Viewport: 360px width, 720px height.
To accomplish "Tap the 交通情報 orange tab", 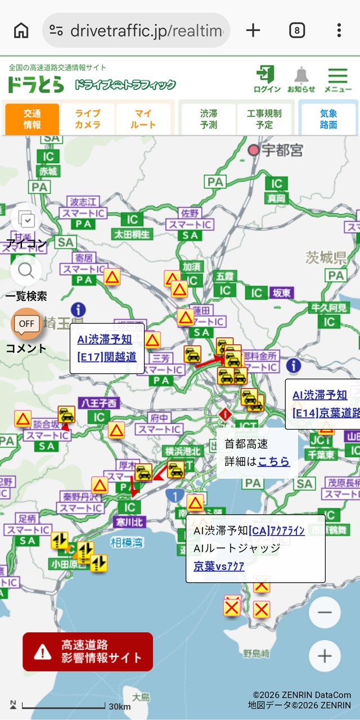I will point(32,119).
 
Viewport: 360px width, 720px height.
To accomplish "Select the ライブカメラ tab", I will point(88,119).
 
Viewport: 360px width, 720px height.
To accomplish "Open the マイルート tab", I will point(143,119).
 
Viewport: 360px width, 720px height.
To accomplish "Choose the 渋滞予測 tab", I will point(208,119).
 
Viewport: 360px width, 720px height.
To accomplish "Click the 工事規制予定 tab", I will point(264,119).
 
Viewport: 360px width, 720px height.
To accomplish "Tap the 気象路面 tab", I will point(328,119).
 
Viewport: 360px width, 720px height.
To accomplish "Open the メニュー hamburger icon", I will point(338,79).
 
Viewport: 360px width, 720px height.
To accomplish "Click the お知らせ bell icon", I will point(301,79).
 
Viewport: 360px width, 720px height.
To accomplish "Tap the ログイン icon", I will point(267,79).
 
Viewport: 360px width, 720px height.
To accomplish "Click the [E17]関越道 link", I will point(107,357).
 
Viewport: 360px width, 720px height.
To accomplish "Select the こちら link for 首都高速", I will point(274,461).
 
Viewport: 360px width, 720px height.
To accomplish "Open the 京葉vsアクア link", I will point(219,566).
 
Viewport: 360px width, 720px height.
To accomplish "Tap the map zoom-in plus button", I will point(325,655).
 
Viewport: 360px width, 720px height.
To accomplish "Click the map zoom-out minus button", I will point(325,612).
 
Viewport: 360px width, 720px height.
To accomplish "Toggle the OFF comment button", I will point(26,323).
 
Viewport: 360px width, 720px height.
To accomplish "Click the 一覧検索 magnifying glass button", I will point(26,271).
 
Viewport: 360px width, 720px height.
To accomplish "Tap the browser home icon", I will point(21,30).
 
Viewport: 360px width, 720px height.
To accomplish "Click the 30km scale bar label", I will point(120,706).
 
